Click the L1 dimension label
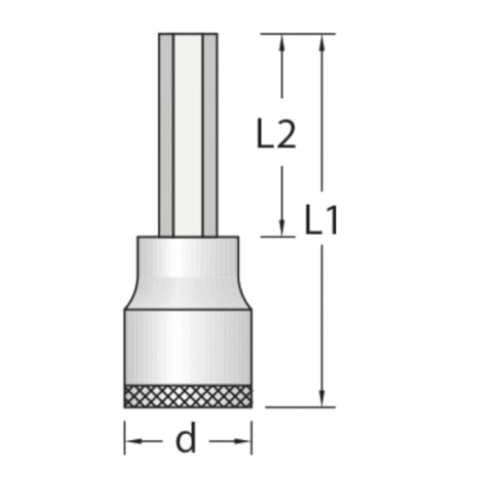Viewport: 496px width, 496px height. [x=321, y=221]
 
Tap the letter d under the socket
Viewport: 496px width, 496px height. [x=186, y=440]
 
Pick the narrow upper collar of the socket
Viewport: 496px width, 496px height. [x=188, y=256]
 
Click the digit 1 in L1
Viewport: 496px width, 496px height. [x=332, y=221]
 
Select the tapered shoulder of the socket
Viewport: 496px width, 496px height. [x=188, y=294]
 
